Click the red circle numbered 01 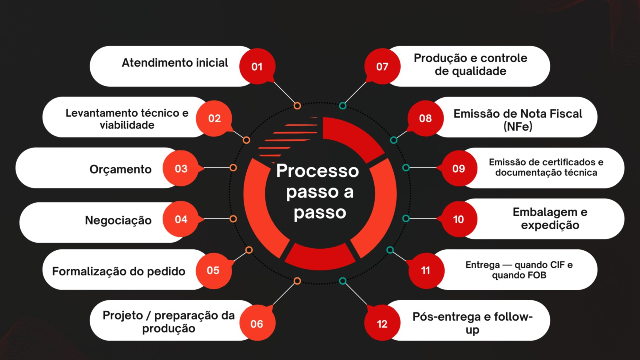257,66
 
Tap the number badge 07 382,66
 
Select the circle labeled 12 382,324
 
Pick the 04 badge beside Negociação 181,219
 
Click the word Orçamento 120,169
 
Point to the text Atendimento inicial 175,63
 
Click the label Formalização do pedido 119,271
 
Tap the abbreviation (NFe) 518,127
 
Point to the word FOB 536,275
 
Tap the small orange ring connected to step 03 233,168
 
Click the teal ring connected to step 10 406,218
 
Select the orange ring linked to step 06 297,281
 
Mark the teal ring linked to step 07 342,106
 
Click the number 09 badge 459,168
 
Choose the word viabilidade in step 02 127,125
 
